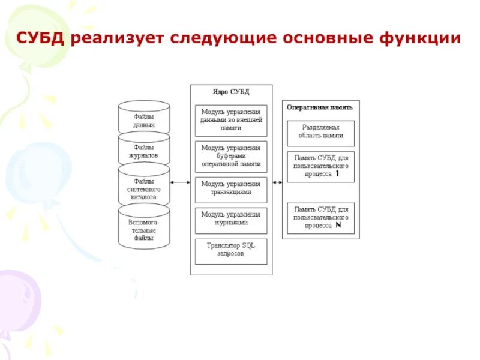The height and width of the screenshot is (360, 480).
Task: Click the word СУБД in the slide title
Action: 41,39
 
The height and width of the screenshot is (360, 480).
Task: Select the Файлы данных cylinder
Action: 144,120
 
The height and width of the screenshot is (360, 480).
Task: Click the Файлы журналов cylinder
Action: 144,150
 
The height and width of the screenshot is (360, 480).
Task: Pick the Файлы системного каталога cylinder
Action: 144,188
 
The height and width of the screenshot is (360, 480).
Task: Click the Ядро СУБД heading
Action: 231,92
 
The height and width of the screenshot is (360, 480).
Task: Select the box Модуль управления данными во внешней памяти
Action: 231,120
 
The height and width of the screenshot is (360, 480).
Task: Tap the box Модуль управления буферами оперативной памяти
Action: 231,155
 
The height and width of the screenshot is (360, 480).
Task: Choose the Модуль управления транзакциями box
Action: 231,188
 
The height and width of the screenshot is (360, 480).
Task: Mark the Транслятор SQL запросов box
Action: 231,250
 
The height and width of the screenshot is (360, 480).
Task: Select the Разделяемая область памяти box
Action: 321,132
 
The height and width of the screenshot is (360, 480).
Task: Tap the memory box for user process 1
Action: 321,166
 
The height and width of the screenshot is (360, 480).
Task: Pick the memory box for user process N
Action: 321,217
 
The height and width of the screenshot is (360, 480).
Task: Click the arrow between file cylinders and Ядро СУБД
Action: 180,182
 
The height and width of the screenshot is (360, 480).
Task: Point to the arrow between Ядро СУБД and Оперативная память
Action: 277,182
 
